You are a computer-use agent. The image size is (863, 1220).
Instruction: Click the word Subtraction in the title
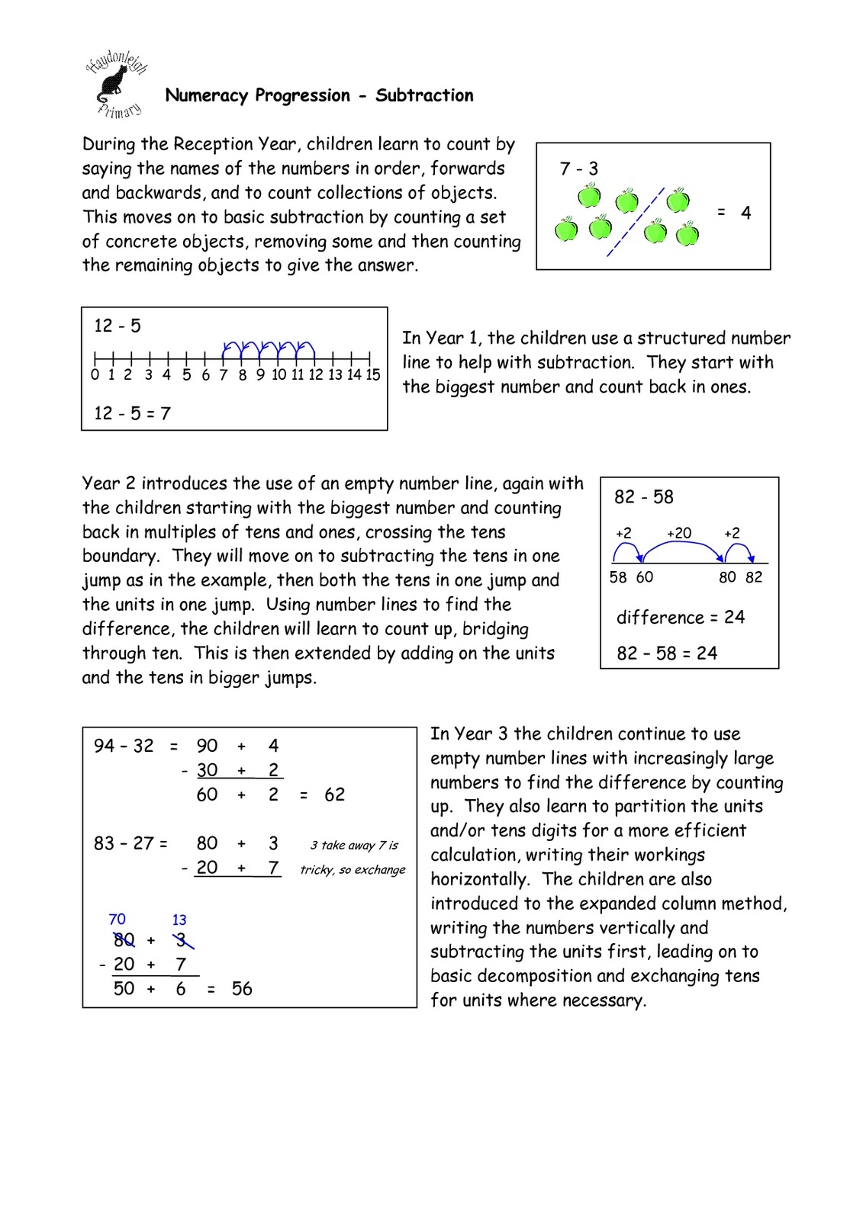pyautogui.click(x=424, y=95)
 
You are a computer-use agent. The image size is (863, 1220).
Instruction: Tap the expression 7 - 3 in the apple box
pyautogui.click(x=578, y=169)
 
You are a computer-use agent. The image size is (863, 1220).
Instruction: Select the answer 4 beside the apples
pyautogui.click(x=745, y=213)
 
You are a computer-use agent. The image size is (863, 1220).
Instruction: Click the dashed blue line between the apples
pyautogui.click(x=636, y=222)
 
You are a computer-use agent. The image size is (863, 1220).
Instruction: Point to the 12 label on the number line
pyautogui.click(x=316, y=374)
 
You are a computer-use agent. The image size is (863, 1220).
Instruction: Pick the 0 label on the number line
pyautogui.click(x=95, y=374)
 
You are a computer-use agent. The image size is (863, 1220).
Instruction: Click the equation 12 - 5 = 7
pyautogui.click(x=132, y=413)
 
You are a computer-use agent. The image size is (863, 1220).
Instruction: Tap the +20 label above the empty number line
pyautogui.click(x=678, y=533)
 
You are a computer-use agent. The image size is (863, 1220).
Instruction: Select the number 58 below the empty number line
pyautogui.click(x=618, y=577)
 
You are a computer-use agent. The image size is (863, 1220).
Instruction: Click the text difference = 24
pyautogui.click(x=680, y=617)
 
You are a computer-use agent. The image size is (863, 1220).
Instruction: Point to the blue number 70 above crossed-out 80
pyautogui.click(x=117, y=920)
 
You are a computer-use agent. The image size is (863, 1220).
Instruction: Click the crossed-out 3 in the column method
pyautogui.click(x=181, y=940)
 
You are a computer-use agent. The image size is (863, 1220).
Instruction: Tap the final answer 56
pyautogui.click(x=242, y=989)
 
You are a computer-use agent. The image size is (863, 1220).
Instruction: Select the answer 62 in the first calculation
pyautogui.click(x=334, y=795)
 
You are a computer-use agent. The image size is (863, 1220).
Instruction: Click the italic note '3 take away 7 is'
pyautogui.click(x=354, y=845)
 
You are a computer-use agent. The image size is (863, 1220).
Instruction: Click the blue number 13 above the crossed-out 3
pyautogui.click(x=179, y=920)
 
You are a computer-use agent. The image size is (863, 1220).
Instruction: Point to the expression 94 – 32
pyautogui.click(x=124, y=746)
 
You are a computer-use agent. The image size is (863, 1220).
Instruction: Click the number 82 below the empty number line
pyautogui.click(x=754, y=577)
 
